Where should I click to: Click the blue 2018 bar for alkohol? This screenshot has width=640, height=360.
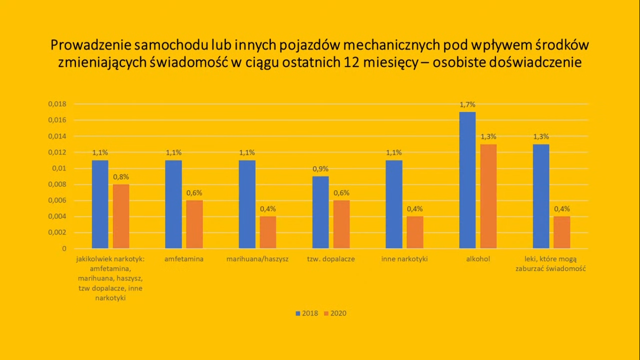[x=467, y=180]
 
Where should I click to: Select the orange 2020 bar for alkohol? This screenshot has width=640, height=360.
[x=488, y=196]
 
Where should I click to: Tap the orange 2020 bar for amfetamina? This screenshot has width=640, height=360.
[x=194, y=225]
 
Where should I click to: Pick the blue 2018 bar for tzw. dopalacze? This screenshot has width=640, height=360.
[x=320, y=212]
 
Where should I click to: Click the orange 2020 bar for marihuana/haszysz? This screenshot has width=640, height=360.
[x=268, y=232]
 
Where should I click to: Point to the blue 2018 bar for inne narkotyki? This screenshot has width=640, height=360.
[x=394, y=204]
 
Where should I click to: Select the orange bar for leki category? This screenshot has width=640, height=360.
[x=562, y=232]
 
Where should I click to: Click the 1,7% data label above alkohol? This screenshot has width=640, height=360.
[x=467, y=105]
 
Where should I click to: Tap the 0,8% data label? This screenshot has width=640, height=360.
[x=121, y=177]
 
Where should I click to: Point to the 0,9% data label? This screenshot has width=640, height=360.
[x=320, y=169]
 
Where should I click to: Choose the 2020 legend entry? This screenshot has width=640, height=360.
[x=335, y=313]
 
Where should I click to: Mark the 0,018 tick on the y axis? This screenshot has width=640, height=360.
[x=57, y=104]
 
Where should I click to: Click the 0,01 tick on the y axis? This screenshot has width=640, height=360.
[x=60, y=168]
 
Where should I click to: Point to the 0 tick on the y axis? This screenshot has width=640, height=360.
[x=65, y=248]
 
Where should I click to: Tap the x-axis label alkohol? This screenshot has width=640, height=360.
[x=478, y=259]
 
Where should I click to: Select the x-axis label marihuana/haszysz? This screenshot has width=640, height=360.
[x=257, y=259]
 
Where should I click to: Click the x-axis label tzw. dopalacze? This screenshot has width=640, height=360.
[x=331, y=259]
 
